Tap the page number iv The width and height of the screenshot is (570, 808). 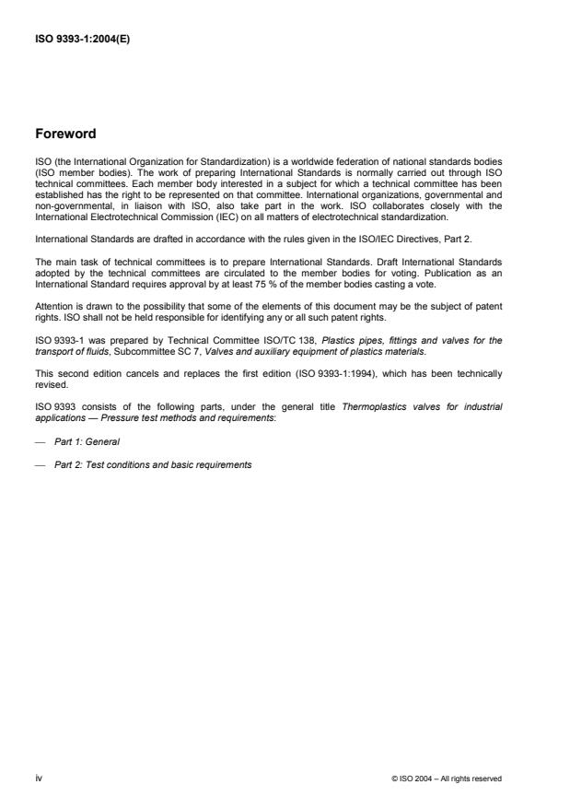[38, 778]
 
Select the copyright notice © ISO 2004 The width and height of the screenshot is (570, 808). [447, 779]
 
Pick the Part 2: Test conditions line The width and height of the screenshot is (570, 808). [153, 464]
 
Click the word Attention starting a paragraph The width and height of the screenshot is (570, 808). [52, 305]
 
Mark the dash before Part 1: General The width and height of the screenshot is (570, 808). [40, 441]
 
